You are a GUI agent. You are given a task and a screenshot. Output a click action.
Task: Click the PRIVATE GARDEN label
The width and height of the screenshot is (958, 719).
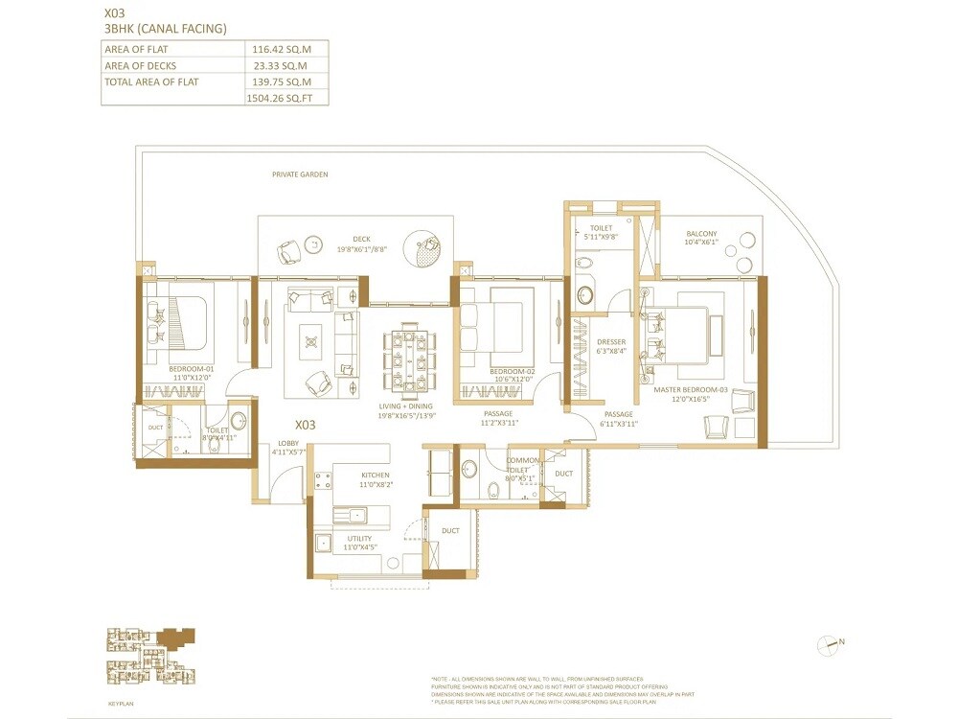pyautogui.click(x=300, y=175)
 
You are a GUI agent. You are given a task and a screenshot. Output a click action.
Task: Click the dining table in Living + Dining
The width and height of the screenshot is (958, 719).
pyautogui.click(x=406, y=357)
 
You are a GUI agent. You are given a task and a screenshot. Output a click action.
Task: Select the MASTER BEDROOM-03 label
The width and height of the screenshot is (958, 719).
pyautogui.click(x=692, y=390)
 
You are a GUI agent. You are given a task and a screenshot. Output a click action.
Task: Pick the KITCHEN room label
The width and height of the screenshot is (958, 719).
pyautogui.click(x=375, y=475)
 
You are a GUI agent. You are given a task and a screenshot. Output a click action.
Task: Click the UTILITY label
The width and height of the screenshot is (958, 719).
pyautogui.click(x=359, y=539)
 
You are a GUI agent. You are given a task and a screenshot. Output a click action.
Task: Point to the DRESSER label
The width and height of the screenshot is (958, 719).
pyautogui.click(x=610, y=342)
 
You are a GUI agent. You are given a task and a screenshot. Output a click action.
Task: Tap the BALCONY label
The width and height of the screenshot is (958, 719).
pyautogui.click(x=701, y=234)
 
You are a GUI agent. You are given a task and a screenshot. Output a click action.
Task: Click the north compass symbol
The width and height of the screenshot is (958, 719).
pyautogui.click(x=828, y=645)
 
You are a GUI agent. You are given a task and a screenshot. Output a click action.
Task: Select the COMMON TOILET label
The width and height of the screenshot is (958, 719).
pyautogui.click(x=521, y=466)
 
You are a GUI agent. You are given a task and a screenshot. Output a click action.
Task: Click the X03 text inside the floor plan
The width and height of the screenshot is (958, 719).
pyautogui.click(x=305, y=424)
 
